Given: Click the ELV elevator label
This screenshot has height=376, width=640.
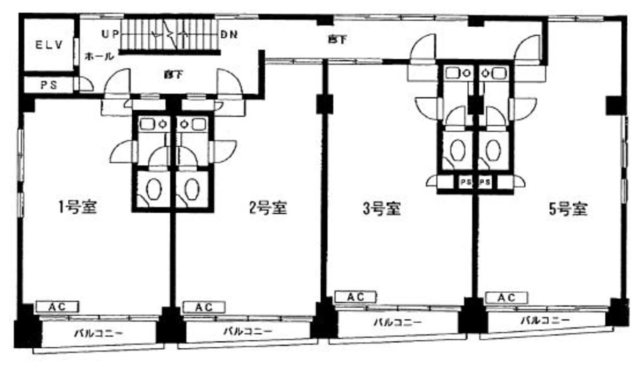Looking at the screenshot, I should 50,45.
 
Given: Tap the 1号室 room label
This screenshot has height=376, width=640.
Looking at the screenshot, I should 77,207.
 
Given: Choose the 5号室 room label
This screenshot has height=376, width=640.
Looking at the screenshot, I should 568,209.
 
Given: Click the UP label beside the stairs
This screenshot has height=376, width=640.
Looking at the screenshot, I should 110,34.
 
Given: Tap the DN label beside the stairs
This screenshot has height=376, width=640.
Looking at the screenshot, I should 229,34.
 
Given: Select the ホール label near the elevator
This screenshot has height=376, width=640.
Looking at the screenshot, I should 99,56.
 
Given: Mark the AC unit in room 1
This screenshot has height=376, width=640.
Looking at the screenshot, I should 58,307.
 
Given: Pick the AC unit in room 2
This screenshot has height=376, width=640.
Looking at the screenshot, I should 204,307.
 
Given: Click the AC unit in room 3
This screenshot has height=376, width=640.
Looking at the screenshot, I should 356,297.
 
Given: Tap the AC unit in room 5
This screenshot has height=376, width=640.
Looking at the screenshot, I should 506,298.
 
